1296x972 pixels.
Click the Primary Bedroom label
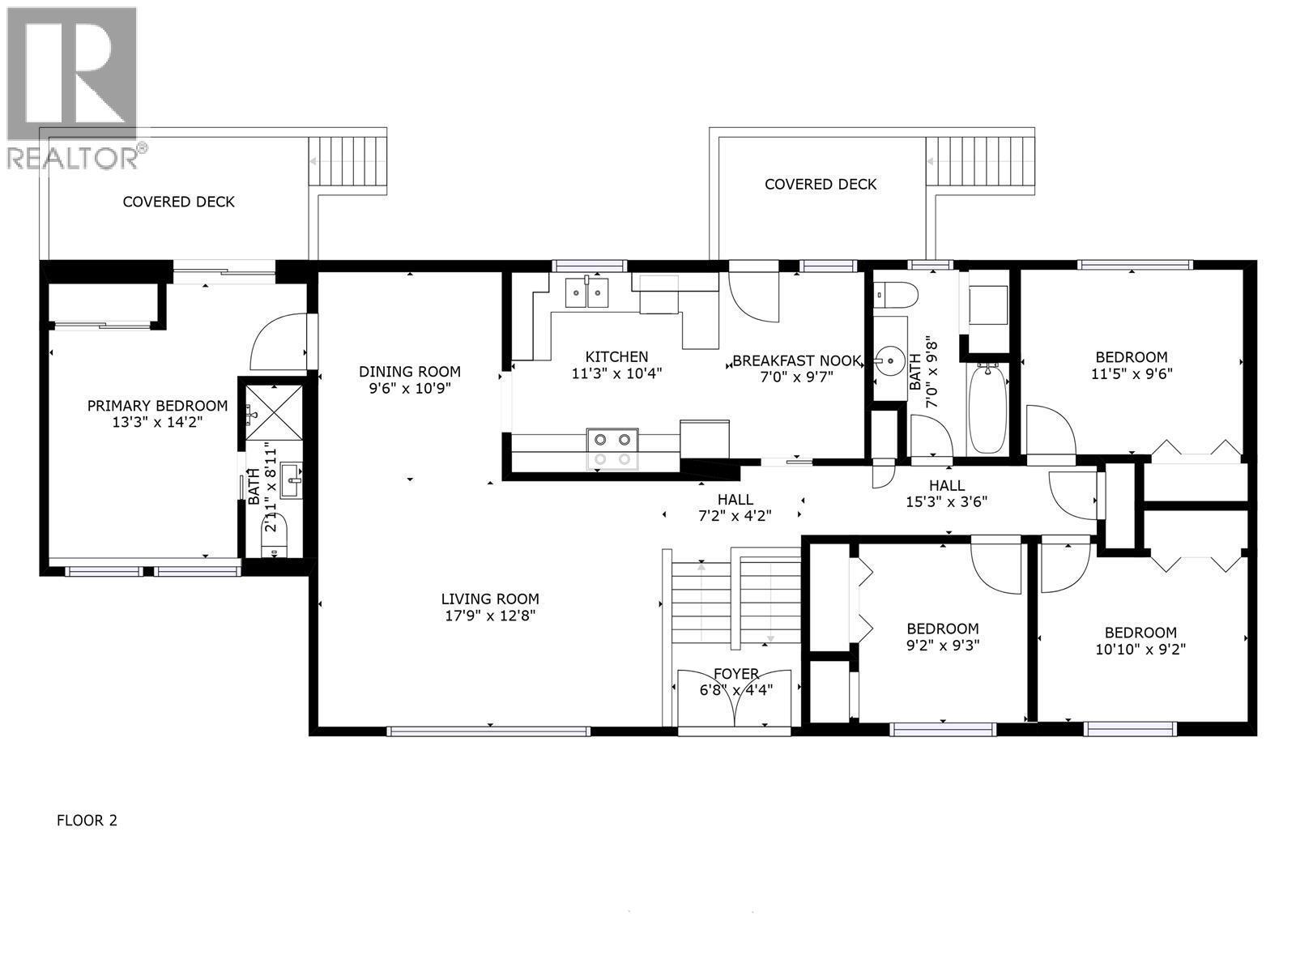[157, 406]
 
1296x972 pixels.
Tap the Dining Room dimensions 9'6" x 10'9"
[410, 388]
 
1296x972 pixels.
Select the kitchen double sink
[587, 292]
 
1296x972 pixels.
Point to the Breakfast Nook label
[796, 360]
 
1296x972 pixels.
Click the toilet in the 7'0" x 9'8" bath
[895, 293]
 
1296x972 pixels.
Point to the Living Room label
[489, 599]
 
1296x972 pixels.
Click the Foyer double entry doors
[734, 700]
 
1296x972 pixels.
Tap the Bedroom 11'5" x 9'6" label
[1131, 357]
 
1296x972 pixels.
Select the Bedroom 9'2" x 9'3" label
[942, 629]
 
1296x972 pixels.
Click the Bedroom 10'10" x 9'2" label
[1140, 633]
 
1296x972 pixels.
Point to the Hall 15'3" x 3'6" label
[946, 485]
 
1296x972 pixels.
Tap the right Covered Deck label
[820, 185]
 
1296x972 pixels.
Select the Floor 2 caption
[87, 821]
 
